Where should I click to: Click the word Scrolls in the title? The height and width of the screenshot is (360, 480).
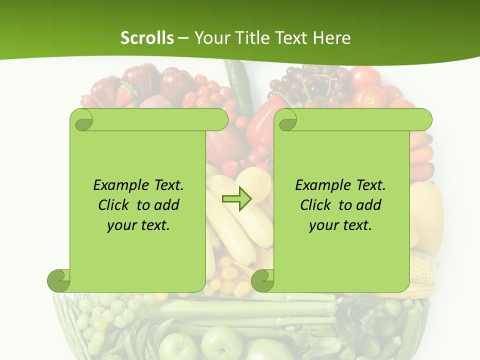(x=147, y=38)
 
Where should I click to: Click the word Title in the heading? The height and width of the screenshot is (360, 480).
(x=250, y=38)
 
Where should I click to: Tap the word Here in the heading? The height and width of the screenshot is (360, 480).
(x=332, y=38)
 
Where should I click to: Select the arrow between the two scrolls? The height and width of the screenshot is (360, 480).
(x=236, y=199)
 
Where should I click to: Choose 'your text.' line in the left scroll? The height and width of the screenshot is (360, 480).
(x=138, y=225)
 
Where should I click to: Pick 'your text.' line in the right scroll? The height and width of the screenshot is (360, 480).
(x=340, y=225)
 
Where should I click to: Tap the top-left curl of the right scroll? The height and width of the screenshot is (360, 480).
(x=287, y=120)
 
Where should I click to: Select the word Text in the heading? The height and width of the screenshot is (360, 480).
(x=289, y=38)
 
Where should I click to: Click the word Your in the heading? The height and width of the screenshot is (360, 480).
(x=211, y=38)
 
